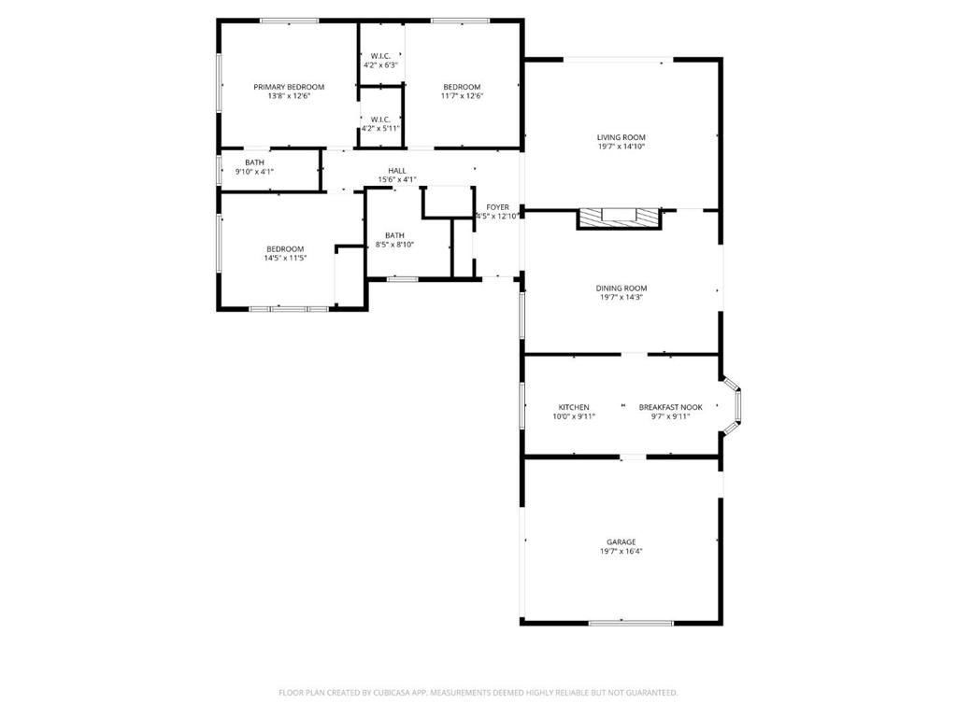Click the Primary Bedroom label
[289, 87]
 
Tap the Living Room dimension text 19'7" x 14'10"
[621, 147]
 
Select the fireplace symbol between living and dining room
[619, 218]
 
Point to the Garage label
[621, 542]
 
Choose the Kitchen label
[574, 407]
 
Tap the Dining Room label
[621, 288]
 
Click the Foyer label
[497, 207]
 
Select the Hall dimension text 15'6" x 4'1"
[397, 180]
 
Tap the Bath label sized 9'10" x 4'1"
[254, 162]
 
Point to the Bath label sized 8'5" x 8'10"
[395, 235]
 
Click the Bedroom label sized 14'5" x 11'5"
[285, 248]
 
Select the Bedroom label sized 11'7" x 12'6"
[462, 87]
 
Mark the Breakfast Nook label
[671, 407]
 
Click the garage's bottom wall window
[631, 623]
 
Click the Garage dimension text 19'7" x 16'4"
[621, 551]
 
